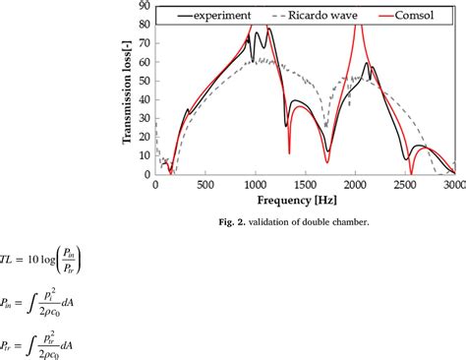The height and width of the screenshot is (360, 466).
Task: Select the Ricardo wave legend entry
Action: pyautogui.click(x=314, y=17)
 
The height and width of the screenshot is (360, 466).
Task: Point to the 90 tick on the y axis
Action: pyautogui.click(x=146, y=6)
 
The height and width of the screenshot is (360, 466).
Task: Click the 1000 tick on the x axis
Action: pyautogui.click(x=255, y=185)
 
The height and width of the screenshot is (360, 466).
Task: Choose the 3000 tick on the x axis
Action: pyautogui.click(x=452, y=185)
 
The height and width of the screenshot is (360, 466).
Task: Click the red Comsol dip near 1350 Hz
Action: pyautogui.click(x=289, y=152)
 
